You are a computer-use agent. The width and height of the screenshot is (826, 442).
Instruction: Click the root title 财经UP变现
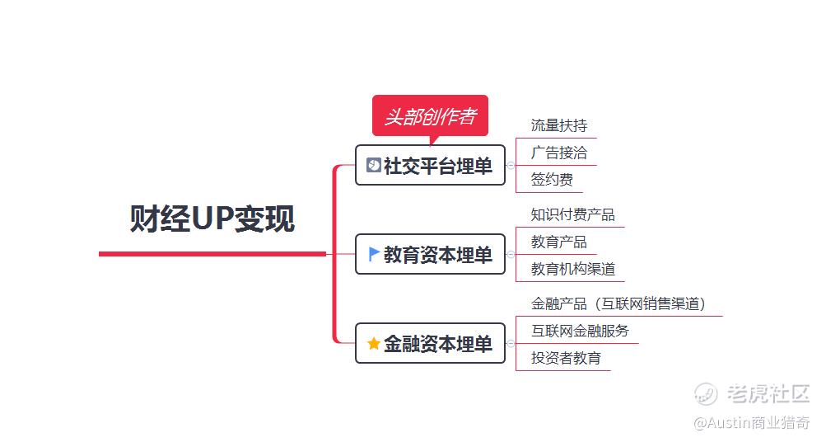(212, 219)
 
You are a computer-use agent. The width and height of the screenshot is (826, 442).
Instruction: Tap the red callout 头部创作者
(430, 117)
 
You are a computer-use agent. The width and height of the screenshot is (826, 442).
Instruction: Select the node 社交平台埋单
(430, 166)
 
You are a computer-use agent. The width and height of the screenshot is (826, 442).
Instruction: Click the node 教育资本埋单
(430, 255)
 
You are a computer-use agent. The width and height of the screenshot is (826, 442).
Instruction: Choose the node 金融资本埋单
(430, 344)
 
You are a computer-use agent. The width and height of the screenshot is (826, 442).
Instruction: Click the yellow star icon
(374, 343)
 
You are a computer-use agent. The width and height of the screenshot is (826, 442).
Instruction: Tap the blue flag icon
(374, 254)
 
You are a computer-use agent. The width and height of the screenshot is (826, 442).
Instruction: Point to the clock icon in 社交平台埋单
(373, 165)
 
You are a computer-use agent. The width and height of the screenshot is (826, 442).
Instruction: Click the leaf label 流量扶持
(559, 126)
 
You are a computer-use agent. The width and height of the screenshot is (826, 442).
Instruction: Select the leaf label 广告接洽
(559, 153)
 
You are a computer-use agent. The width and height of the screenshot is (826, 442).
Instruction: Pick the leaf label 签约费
(552, 180)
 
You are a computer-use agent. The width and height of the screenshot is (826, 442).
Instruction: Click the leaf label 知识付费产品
(572, 215)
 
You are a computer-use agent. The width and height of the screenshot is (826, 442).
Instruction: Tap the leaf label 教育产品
(559, 242)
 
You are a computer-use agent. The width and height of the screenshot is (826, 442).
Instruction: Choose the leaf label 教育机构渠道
(572, 269)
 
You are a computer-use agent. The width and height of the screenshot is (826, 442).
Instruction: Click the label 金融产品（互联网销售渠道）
(618, 304)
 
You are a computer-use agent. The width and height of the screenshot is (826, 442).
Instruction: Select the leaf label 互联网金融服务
(580, 331)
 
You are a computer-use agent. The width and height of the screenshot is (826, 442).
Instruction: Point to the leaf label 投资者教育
(566, 359)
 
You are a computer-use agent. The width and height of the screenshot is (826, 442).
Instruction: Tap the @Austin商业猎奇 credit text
(750, 423)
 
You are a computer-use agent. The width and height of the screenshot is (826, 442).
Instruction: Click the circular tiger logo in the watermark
(706, 395)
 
